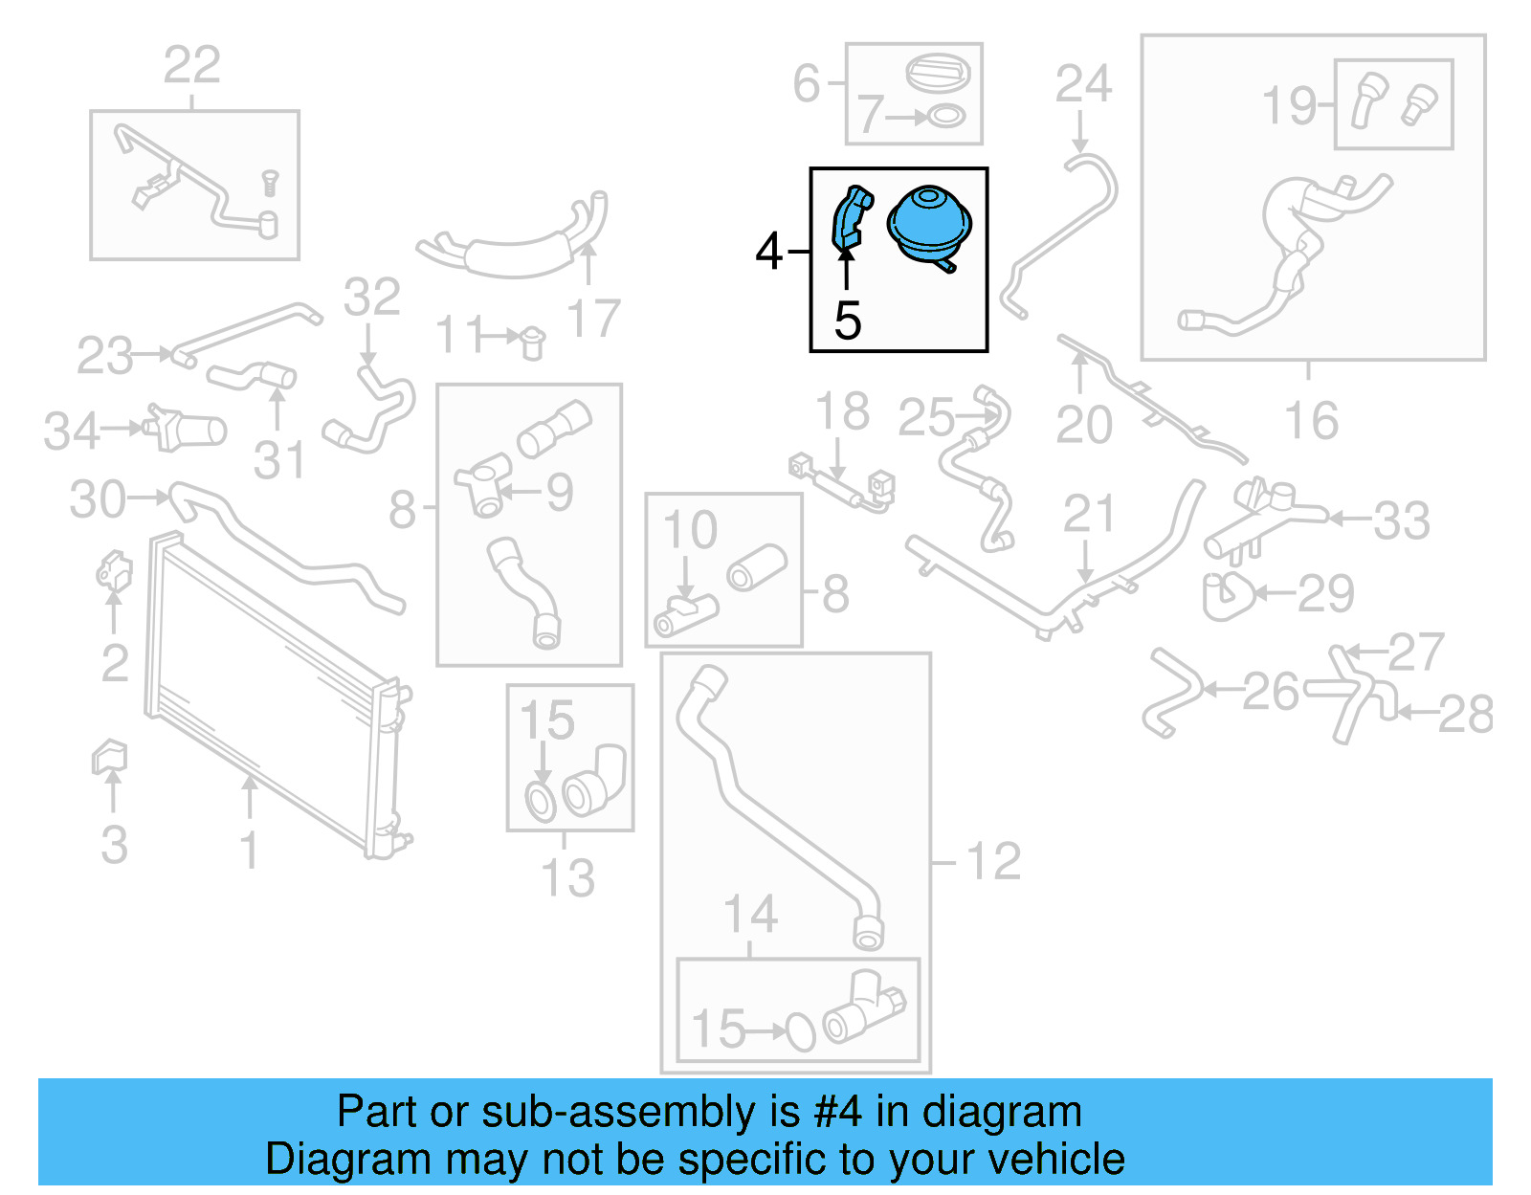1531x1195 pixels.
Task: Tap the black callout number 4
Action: click(768, 253)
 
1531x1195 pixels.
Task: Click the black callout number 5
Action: click(848, 321)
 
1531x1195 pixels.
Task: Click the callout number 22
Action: click(192, 66)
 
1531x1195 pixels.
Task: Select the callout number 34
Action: click(71, 432)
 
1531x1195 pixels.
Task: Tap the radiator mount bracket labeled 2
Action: click(114, 572)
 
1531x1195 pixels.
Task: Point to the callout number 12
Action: click(994, 862)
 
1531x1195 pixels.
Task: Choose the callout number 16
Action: click(1311, 422)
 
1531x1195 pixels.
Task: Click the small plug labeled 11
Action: click(532, 340)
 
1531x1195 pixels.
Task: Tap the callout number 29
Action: click(1326, 594)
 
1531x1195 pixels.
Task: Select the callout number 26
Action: click(1271, 691)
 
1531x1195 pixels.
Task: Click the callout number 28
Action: click(1465, 714)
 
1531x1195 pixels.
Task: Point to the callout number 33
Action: click(1401, 521)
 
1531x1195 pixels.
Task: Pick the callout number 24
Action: click(1083, 84)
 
